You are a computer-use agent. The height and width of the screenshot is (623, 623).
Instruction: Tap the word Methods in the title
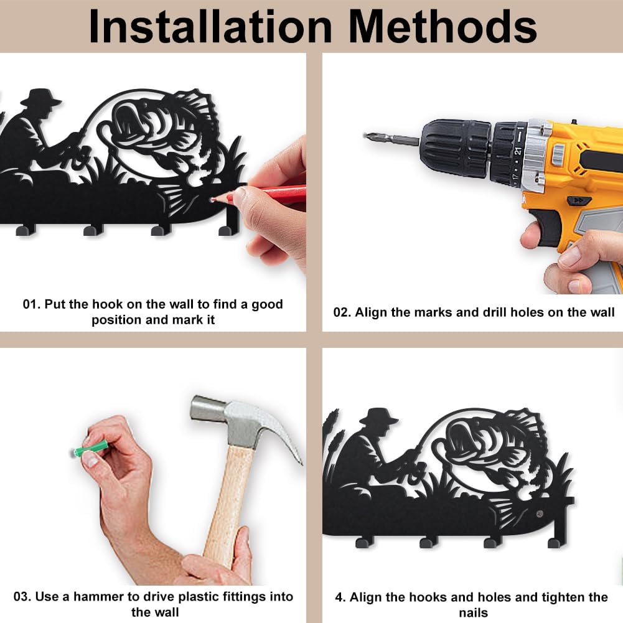pos(443,27)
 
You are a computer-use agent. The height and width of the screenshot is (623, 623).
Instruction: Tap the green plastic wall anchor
pos(91,450)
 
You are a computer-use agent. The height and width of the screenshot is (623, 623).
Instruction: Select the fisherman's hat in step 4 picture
pos(379,416)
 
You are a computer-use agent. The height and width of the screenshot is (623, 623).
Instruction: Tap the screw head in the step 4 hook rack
pos(539,513)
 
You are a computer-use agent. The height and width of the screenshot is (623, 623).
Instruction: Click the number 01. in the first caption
pos(31,304)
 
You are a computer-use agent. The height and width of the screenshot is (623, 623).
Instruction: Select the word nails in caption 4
pos(473,612)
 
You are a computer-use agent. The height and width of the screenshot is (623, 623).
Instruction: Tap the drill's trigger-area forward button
pos(579,200)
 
